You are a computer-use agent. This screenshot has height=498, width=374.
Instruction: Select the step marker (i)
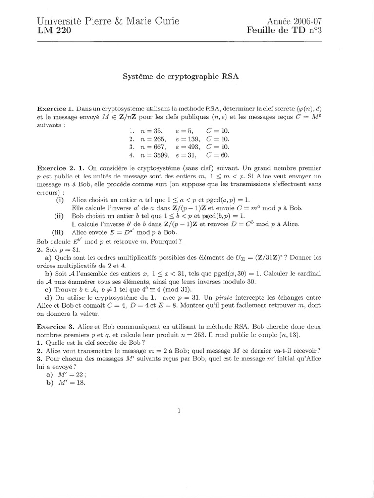point(60,200)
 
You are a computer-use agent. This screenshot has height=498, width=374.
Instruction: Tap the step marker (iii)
point(58,232)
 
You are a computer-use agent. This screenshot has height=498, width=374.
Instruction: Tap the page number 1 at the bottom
point(179,411)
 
